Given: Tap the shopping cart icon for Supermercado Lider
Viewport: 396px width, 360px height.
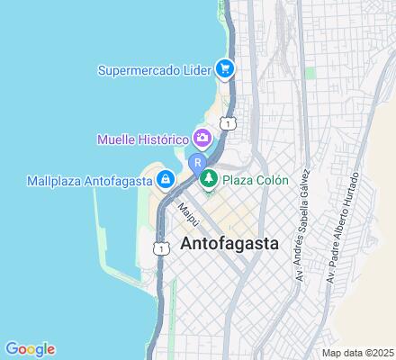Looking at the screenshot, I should coord(226,67).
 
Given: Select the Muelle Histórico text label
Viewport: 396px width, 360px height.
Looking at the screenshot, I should coord(142,139).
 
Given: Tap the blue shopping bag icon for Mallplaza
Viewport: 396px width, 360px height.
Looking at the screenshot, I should coord(166,180).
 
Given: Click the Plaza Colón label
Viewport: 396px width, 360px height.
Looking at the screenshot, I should coord(256,180).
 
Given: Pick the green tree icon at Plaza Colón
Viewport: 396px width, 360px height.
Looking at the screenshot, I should coord(209,180).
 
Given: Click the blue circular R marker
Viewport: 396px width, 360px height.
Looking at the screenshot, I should coord(197,163).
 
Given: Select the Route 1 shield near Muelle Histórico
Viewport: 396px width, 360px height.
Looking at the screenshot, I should coord(230,122).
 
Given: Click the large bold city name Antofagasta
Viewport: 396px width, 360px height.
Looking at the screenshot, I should coord(229,244).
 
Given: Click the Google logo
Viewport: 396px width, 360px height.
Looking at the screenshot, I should coord(30,349).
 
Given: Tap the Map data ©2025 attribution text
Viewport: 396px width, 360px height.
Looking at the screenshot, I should coord(357,352).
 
